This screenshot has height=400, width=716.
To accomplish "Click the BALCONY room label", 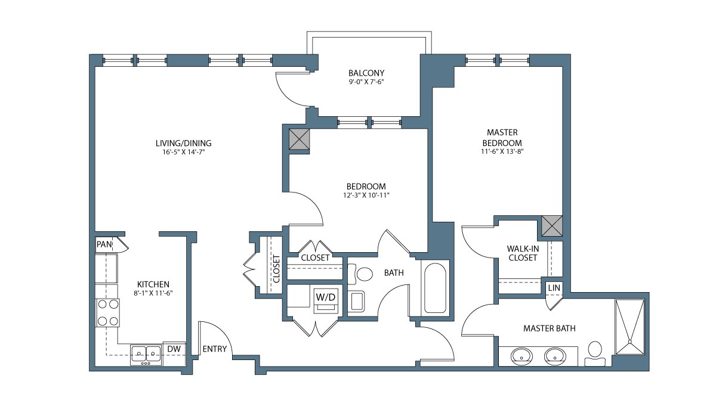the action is click(366, 73).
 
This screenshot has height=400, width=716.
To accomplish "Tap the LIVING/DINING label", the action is click(184, 143).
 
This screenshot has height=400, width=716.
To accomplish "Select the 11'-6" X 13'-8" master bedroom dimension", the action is click(502, 151).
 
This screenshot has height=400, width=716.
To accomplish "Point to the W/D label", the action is click(325, 297).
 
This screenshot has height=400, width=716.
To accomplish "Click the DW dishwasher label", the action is click(174, 349).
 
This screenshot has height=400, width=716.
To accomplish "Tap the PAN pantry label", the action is click(104, 244).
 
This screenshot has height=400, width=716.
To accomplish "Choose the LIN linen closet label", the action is click(554, 287).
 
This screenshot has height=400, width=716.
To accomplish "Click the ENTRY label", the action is click(214, 349).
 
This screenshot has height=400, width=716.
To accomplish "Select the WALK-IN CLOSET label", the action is click(523, 253).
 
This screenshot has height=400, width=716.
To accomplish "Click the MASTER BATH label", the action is click(549, 328).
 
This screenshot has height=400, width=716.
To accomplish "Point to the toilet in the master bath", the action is click(595, 354).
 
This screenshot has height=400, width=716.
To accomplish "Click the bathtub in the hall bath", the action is click(435, 287).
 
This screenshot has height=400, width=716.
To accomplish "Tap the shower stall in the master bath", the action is click(629, 327).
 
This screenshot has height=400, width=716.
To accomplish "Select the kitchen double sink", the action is click(146, 355).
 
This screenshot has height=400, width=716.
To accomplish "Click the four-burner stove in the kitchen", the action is click(108, 312).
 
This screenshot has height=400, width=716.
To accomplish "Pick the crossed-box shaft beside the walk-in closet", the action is click(552, 226).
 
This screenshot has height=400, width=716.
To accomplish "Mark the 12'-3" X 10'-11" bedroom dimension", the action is click(366, 195).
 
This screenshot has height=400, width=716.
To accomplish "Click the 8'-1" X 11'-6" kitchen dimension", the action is click(153, 293).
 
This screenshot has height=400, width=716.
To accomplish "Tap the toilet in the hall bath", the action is click(360, 274).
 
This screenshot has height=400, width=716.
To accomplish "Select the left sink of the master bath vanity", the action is click(521, 356).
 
